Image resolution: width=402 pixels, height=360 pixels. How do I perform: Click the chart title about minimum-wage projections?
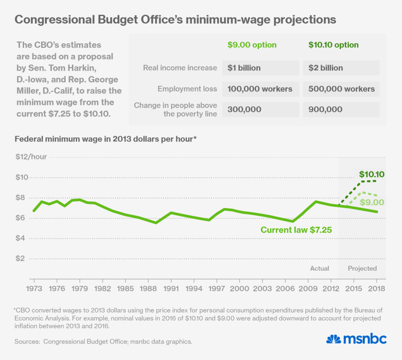click(175, 20)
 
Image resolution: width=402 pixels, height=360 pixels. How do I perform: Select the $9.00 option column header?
click(252, 45)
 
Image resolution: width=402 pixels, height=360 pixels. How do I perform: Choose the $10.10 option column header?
click(333, 45)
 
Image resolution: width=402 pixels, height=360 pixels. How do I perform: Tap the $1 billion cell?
click(244, 68)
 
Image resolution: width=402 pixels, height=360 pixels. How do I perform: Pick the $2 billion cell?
click(326, 68)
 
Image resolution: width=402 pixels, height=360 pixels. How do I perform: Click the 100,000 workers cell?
click(260, 89)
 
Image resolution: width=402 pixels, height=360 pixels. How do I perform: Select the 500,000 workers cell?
click(341, 89)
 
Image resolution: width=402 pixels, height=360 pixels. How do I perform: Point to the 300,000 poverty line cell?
click(244, 109)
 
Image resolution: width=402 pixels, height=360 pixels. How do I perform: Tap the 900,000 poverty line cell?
click(326, 109)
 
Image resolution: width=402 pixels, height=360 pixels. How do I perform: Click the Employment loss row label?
click(187, 89)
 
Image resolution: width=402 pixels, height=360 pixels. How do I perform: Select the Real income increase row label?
click(180, 68)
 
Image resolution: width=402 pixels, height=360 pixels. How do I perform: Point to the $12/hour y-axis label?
click(31, 157)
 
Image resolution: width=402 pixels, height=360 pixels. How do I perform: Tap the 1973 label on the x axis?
click(34, 289)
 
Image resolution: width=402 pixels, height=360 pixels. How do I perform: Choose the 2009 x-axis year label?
click(308, 289)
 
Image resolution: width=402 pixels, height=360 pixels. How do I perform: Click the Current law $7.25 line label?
click(296, 230)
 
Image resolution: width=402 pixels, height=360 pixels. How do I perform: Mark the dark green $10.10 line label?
click(372, 174)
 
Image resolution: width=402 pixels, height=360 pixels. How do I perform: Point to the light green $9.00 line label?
click(372, 202)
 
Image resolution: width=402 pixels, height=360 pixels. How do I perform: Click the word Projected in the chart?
click(362, 268)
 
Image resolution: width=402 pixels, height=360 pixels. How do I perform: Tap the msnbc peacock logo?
click(333, 339)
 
